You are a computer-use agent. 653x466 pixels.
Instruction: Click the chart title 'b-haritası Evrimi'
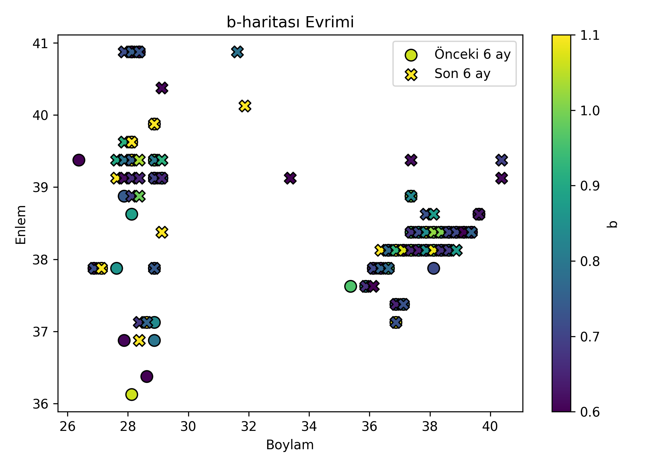290,22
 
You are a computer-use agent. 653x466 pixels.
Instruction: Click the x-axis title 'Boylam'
290,445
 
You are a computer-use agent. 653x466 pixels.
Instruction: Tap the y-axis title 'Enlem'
21,224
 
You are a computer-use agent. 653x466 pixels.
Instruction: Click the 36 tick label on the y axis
40,404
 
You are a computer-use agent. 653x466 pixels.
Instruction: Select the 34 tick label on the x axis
309,427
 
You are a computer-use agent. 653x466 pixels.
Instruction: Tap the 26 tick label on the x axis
67,427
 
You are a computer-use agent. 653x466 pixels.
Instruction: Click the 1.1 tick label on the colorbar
590,35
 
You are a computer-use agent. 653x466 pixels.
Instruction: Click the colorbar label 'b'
612,224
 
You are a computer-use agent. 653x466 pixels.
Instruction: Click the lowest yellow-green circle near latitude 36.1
132,395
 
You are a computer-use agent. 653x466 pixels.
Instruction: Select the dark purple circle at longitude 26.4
79,160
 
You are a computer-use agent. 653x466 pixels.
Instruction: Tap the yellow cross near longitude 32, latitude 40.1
245,106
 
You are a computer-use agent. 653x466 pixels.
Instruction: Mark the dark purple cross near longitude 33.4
290,178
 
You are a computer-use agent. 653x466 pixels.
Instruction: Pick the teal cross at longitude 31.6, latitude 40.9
237,52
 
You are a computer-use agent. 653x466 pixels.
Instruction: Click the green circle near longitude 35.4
350,286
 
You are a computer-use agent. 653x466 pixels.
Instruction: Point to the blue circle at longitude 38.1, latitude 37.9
433,268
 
